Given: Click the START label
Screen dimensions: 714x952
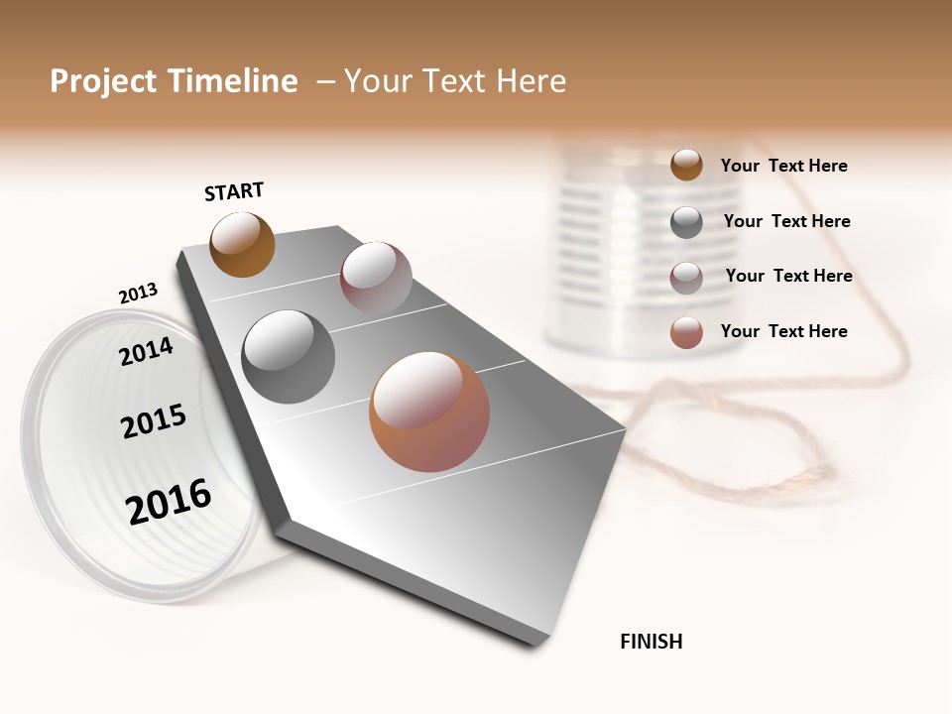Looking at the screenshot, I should (x=234, y=191).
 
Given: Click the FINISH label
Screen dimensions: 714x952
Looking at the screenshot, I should (x=651, y=642).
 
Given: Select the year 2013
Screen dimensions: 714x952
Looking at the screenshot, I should (x=138, y=294).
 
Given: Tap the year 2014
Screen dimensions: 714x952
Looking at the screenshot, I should (x=147, y=351).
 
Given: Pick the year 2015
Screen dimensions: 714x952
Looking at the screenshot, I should (x=154, y=421).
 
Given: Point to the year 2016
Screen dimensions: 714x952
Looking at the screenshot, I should (x=169, y=502).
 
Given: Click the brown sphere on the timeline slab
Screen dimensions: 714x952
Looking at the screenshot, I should (x=242, y=244).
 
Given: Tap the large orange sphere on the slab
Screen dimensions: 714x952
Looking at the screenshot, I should (x=429, y=412).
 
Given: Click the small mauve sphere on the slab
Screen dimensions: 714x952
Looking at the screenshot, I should (x=376, y=278).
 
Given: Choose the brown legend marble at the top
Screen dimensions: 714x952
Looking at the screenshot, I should (x=686, y=165).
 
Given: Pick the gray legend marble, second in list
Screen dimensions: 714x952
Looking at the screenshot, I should (x=686, y=222).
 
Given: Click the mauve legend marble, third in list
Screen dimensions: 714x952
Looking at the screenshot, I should (x=686, y=278).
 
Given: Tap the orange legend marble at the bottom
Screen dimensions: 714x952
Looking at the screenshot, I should (x=686, y=332).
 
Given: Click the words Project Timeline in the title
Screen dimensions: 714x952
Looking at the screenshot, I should (x=174, y=81).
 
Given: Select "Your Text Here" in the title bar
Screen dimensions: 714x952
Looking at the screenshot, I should (x=455, y=81).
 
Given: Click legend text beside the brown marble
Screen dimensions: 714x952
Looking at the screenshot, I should (x=783, y=166).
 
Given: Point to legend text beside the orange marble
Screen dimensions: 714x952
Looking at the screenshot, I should (x=783, y=331).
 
